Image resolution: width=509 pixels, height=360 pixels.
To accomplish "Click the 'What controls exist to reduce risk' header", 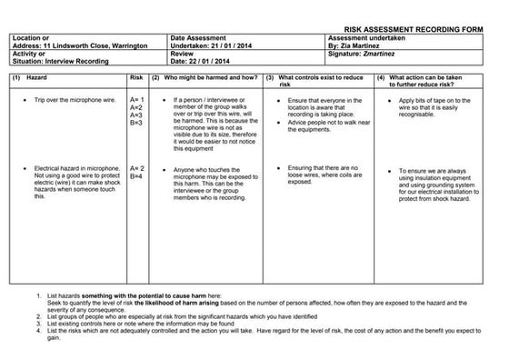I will (x=323, y=78).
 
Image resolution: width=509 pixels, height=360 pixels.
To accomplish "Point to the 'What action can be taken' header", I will (x=435, y=78).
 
